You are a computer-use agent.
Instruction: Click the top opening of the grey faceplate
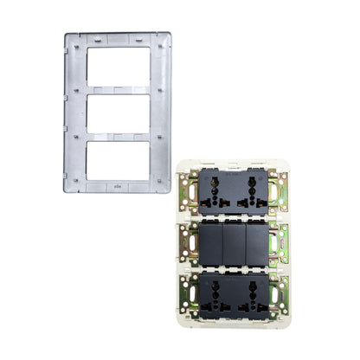pyautogui.click(x=118, y=65)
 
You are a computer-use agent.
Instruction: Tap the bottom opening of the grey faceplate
pyautogui.click(x=118, y=159)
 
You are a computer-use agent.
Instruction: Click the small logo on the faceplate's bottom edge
pyautogui.click(x=118, y=186)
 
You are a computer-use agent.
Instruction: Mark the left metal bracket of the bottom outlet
pyautogui.click(x=185, y=294)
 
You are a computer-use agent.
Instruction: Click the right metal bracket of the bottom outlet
pyautogui.click(x=280, y=294)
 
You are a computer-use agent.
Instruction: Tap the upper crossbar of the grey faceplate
pyautogui.click(x=118, y=87)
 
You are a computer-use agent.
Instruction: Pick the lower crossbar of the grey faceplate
pyautogui.click(x=118, y=135)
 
